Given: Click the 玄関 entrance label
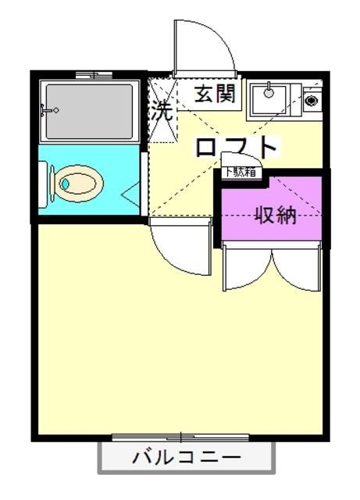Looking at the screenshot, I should [214, 95].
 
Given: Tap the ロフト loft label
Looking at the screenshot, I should [236, 148].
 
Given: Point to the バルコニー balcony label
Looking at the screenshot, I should [187, 457].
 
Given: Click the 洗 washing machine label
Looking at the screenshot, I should [161, 111].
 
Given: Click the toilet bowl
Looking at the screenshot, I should [79, 184].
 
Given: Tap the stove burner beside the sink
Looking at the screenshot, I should [312, 100].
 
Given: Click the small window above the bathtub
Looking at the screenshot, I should [94, 75].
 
